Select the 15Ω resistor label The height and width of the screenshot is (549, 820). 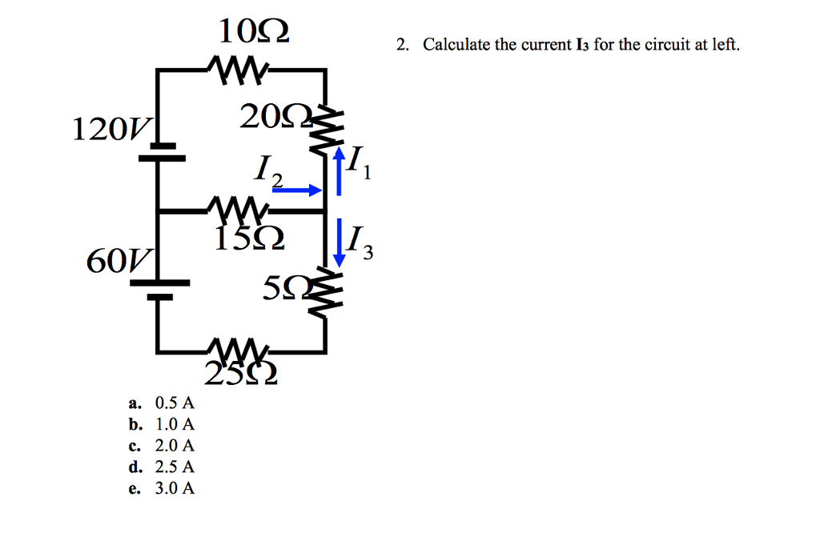(247, 238)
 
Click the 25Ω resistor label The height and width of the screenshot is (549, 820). (241, 373)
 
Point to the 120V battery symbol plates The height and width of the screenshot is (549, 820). (161, 151)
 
